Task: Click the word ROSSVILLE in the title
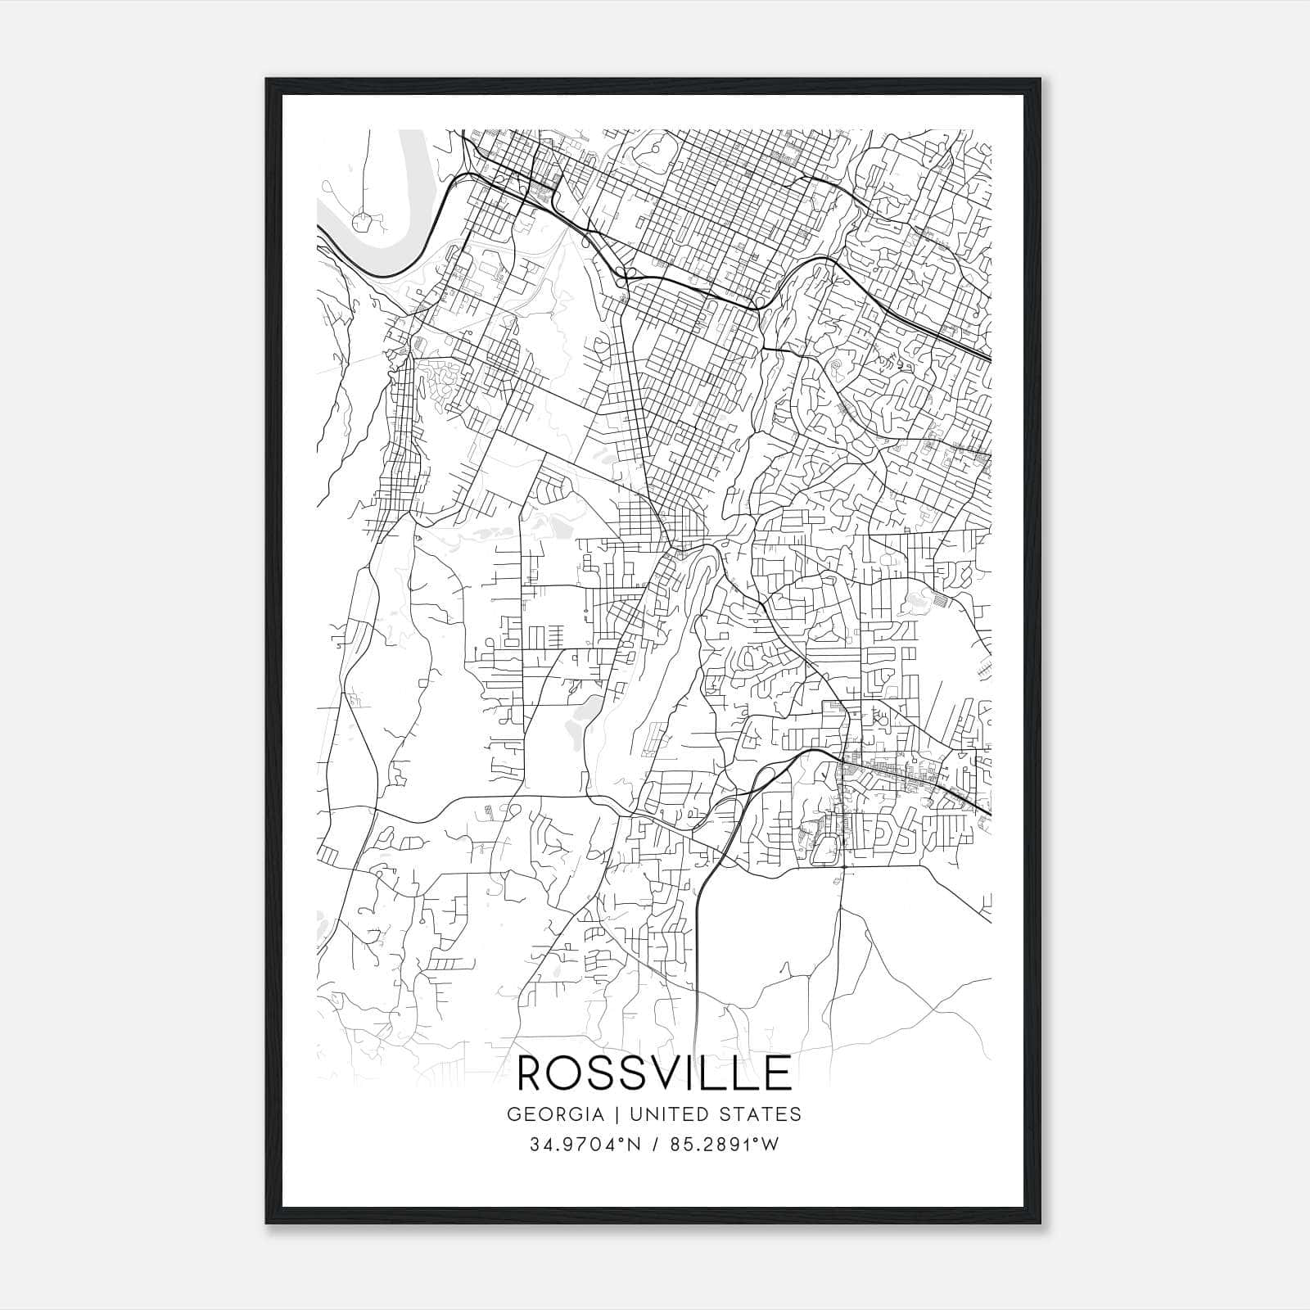click(655, 1073)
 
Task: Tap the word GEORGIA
click(554, 1114)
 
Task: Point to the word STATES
click(759, 1114)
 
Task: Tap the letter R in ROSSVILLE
click(533, 1073)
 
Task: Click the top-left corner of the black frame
click(268, 80)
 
